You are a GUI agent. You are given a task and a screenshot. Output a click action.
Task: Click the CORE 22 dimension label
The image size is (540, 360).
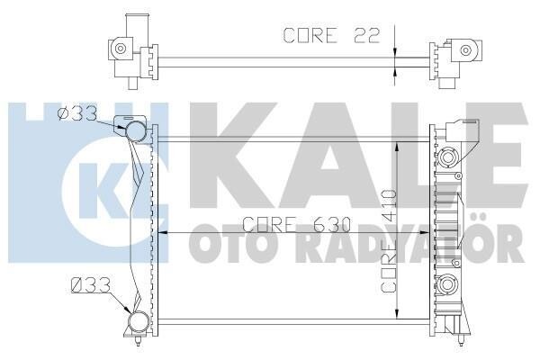coord(331,35)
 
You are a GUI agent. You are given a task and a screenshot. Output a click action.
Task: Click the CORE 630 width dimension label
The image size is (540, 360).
coord(296,224)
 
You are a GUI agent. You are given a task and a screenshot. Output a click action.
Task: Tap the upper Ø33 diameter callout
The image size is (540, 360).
coord(77,114)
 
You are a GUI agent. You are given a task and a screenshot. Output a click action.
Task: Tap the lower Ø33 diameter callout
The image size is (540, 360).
coord(90,285)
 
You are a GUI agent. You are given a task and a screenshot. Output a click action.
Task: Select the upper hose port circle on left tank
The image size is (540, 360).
coord(135,131)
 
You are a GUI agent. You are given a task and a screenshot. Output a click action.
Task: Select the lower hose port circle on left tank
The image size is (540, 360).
coord(139,321)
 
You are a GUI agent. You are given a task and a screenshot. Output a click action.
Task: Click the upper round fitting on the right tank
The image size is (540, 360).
coord(447,157)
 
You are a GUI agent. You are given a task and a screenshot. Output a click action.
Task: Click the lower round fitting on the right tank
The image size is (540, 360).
coord(447,284)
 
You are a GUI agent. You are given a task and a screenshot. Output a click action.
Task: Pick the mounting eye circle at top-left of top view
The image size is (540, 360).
coord(121,49)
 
